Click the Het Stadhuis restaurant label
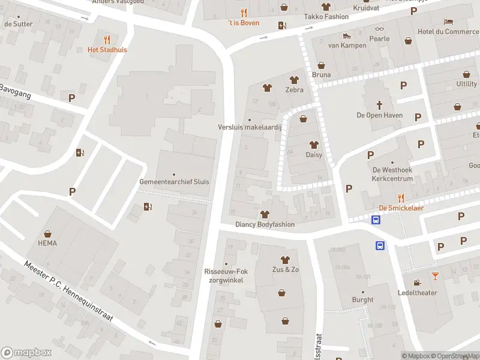tap(107, 50)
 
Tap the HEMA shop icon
tap(47, 234)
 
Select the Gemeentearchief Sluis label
tap(174, 181)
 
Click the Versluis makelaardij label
tap(250, 127)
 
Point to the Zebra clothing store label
tap(294, 89)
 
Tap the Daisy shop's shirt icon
tap(314, 145)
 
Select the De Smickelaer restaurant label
tap(401, 208)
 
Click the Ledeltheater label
tap(417, 293)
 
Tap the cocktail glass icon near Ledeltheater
tap(435, 276)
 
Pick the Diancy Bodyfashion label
tap(265, 224)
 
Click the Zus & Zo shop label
tap(285, 269)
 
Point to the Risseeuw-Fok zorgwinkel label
tap(226, 275)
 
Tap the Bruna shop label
tap(321, 75)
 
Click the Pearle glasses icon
tap(379, 29)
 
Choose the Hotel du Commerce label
tap(445, 32)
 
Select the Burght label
tap(362, 299)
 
